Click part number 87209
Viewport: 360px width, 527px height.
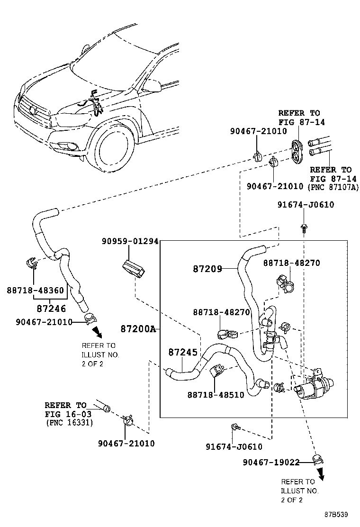point(207,269)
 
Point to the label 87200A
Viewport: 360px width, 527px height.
point(137,328)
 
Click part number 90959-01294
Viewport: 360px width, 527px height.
point(129,241)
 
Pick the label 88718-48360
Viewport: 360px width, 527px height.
point(36,290)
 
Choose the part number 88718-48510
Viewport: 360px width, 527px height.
point(216,394)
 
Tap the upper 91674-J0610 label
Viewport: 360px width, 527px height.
point(306,205)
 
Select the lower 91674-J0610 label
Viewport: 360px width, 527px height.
point(234,446)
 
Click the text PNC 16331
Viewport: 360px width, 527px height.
point(69,422)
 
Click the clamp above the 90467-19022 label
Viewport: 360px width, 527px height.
point(318,459)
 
